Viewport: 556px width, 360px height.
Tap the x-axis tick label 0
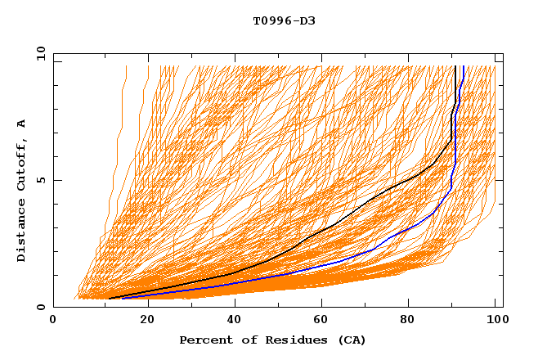(x=53, y=320)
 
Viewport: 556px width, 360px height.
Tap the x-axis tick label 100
(x=495, y=320)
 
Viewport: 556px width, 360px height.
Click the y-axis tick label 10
(x=39, y=53)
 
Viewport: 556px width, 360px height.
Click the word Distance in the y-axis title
(x=21, y=231)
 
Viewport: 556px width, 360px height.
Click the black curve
(x=360, y=205)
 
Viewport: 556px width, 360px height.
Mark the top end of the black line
(x=455, y=66)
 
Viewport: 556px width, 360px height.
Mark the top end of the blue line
(x=463, y=66)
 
